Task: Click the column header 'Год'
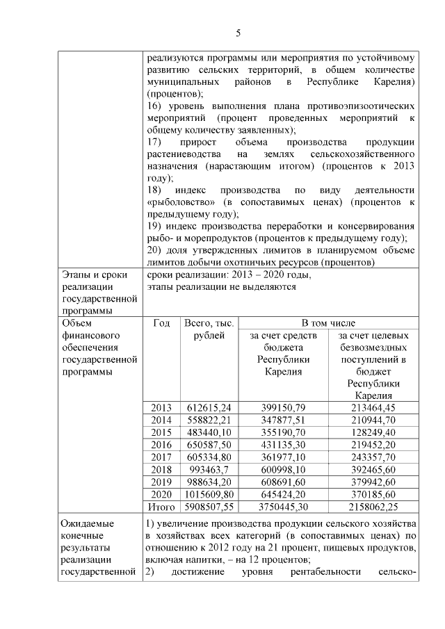[161, 323]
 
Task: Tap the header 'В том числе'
[328, 323]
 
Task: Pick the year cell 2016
[161, 444]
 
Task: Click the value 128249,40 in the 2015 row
[375, 432]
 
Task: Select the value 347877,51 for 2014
[282, 420]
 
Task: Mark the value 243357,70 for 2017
[375, 457]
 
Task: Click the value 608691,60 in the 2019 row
[282, 482]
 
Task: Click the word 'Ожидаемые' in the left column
[86, 523]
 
